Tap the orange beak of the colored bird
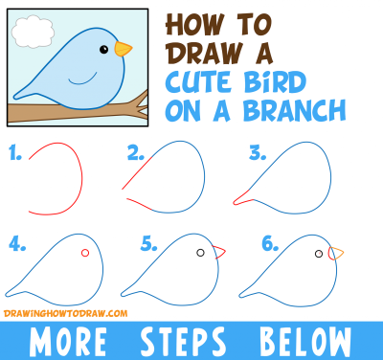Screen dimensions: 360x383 coord(123,48)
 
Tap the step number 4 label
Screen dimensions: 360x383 coord(15,244)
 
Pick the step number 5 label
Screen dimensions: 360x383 coord(148,244)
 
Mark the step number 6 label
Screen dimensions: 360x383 coord(269,244)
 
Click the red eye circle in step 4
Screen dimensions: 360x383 coord(85,253)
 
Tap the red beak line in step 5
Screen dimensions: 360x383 coord(220,253)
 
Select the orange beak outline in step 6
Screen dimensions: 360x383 coord(335,254)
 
